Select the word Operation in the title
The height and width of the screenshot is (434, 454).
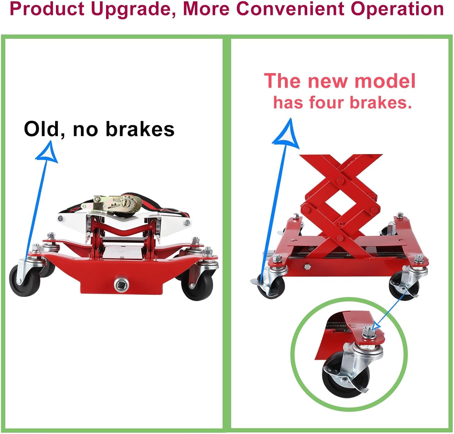[397, 9]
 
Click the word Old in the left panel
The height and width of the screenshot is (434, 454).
[41, 129]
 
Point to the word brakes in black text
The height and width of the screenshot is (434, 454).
[140, 129]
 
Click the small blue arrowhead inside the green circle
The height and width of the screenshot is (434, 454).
[376, 326]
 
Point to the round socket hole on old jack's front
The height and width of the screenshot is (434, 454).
[121, 284]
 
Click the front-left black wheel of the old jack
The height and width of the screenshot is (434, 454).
[24, 280]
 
